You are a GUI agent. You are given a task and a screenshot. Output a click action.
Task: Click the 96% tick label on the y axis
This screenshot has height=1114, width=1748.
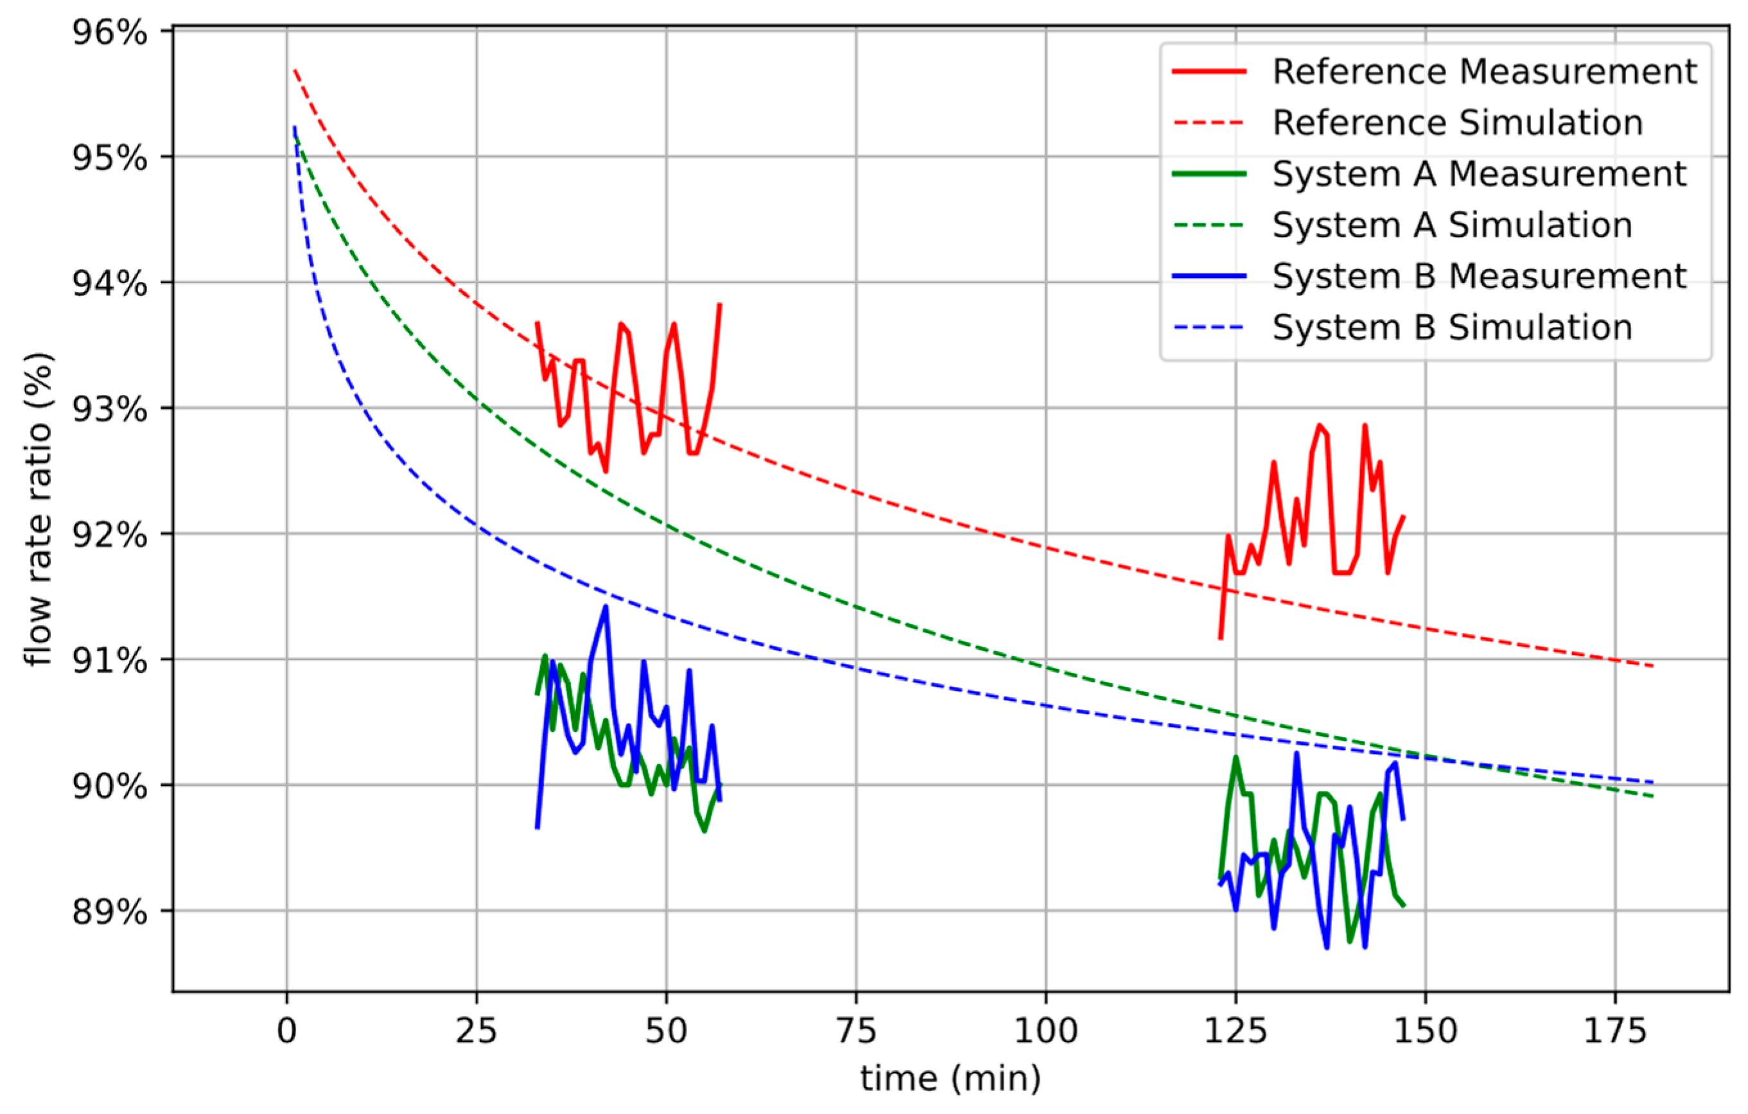point(109,33)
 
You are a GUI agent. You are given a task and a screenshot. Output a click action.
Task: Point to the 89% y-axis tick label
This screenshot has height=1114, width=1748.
point(109,912)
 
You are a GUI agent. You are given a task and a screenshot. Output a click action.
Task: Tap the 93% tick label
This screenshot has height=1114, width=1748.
point(109,409)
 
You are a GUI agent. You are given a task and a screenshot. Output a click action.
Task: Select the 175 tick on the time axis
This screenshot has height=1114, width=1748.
point(1614,1031)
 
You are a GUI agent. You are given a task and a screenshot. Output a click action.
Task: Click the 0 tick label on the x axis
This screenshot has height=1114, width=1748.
point(287,1031)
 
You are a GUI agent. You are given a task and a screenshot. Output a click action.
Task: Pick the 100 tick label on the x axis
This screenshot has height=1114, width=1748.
point(1045,1031)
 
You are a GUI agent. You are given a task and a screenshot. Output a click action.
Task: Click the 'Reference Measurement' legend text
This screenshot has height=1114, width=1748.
point(1485,72)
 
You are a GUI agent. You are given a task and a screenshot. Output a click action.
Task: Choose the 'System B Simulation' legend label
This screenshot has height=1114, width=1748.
point(1453,327)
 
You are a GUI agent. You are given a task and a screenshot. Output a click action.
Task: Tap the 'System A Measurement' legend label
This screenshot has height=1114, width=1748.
point(1480,174)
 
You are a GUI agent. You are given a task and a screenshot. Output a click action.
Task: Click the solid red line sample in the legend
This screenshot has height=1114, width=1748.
point(1209,72)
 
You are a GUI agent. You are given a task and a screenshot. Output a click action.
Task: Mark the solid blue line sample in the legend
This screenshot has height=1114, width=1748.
point(1209,277)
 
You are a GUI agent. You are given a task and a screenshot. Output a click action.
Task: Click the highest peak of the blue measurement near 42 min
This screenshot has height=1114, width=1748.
point(606,607)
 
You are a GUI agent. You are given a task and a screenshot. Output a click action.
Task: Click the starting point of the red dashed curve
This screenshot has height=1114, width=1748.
point(294,70)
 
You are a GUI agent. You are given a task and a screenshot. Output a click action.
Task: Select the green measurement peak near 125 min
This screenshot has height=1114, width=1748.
point(1236,758)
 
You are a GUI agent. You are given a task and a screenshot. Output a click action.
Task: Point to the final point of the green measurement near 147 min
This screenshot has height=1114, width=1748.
point(1404,907)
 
